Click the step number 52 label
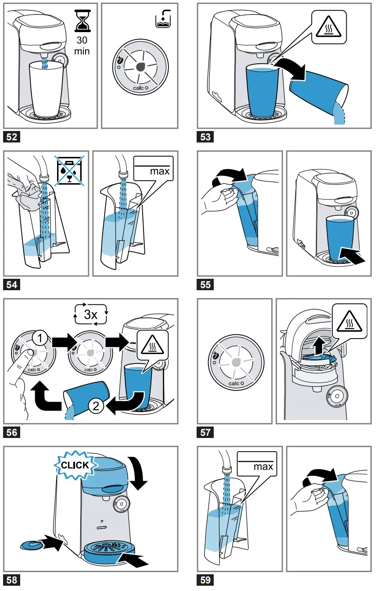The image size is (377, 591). pyautogui.click(x=11, y=137)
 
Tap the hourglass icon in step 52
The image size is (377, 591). pyautogui.click(x=83, y=21)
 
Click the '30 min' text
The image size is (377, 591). pyautogui.click(x=82, y=45)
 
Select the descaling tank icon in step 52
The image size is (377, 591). pyautogui.click(x=163, y=19)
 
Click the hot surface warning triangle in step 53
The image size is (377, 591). pyautogui.click(x=329, y=27)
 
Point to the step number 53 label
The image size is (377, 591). pyautogui.click(x=205, y=137)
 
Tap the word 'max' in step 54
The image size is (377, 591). pyautogui.click(x=160, y=171)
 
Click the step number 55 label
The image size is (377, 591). pyautogui.click(x=205, y=285)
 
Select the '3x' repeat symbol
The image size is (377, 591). pyautogui.click(x=91, y=314)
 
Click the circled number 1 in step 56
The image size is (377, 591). pyautogui.click(x=40, y=338)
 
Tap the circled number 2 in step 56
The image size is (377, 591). pyautogui.click(x=96, y=406)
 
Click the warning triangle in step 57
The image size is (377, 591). pyautogui.click(x=350, y=321)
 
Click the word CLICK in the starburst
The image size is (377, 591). pyautogui.click(x=75, y=465)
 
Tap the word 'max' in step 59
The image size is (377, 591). pyautogui.click(x=263, y=467)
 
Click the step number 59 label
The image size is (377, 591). pyautogui.click(x=205, y=580)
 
